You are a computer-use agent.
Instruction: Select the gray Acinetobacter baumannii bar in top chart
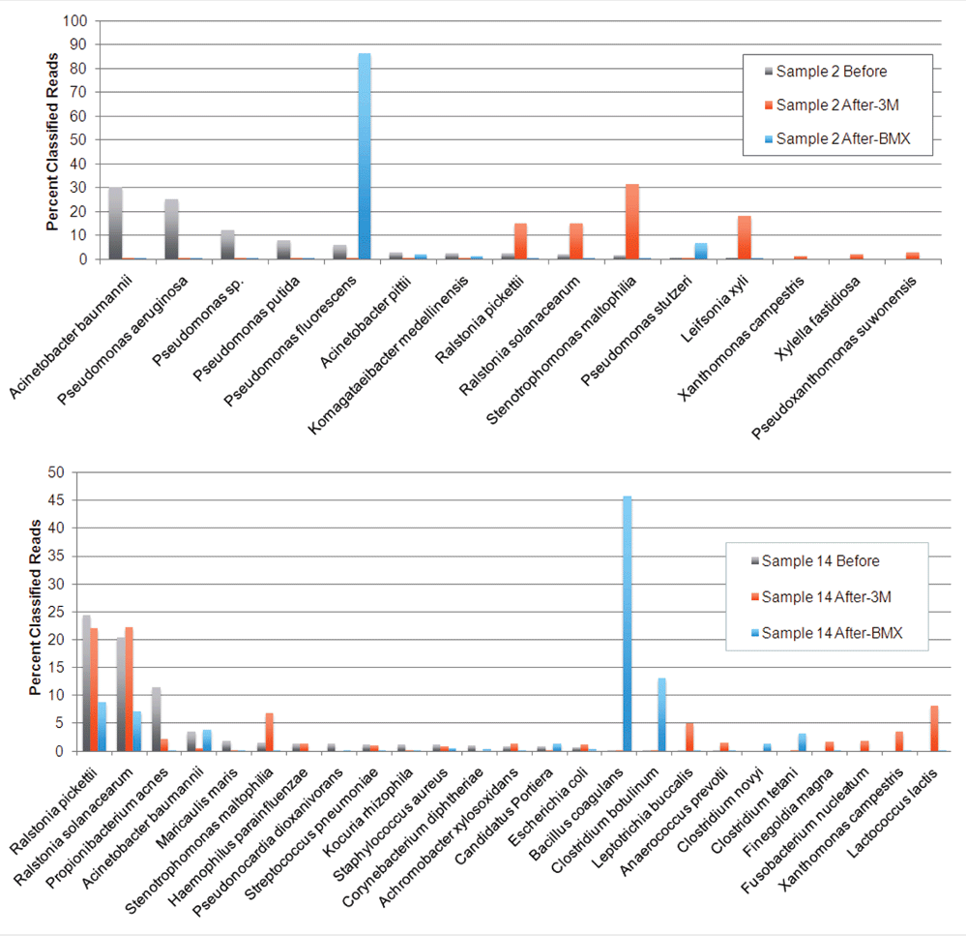pos(116,224)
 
